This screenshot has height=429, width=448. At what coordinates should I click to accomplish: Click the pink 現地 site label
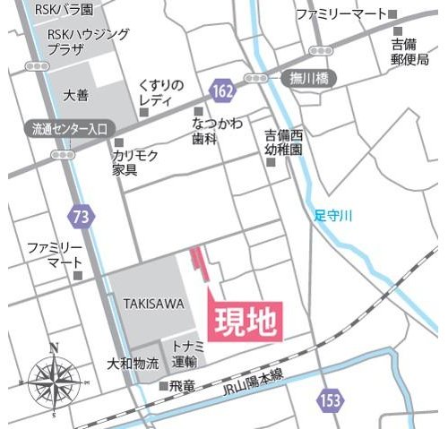click(x=246, y=320)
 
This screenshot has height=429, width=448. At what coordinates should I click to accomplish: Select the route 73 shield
click(x=82, y=215)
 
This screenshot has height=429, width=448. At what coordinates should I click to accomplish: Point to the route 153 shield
click(x=330, y=398)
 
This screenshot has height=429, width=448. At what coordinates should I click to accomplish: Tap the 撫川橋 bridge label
click(x=310, y=79)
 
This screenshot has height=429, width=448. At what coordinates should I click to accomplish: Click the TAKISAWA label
click(x=149, y=304)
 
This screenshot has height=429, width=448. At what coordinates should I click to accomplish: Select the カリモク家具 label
click(x=135, y=162)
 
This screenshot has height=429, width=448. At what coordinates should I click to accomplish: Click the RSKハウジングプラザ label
click(x=88, y=41)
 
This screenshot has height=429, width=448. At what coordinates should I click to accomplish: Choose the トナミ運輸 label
click(x=185, y=355)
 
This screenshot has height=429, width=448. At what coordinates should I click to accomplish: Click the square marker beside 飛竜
click(x=163, y=387)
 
